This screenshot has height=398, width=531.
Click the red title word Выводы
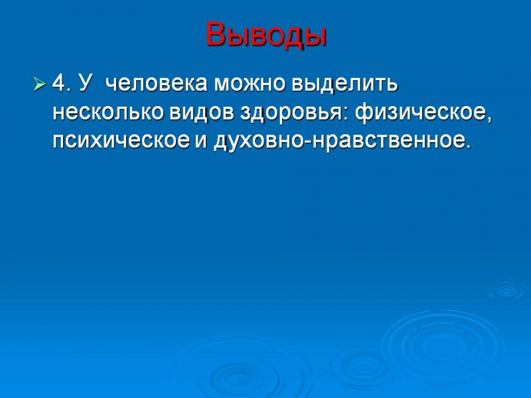[x=266, y=35]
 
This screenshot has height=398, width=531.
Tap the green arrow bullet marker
[x=39, y=84]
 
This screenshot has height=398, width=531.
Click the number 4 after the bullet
[x=58, y=82]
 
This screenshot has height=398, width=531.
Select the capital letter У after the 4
[x=85, y=83]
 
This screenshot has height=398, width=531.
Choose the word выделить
[x=344, y=84]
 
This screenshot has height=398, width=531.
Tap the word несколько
[x=108, y=112]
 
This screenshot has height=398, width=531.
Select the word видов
[x=202, y=113]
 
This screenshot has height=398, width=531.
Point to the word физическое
[x=420, y=113]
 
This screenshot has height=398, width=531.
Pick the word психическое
[x=121, y=141]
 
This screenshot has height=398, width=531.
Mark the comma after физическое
[x=489, y=118]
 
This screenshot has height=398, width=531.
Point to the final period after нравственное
[x=469, y=146]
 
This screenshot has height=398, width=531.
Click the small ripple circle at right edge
[x=506, y=290]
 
